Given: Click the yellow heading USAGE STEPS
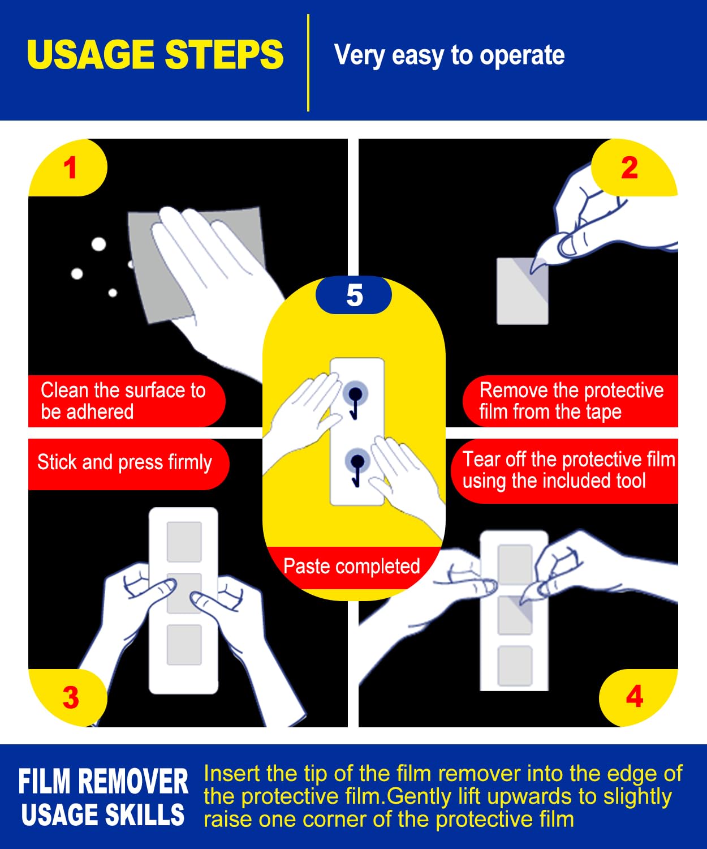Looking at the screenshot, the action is coord(155,54).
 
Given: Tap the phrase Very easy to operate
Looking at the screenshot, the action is coord(450,55).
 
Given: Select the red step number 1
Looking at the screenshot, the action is coord(70,168).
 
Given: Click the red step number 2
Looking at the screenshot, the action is coord(630,168).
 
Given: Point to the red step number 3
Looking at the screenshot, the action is coord(71,697).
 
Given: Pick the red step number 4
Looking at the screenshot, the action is coord(635,697).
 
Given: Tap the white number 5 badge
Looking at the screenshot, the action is coord(354,295).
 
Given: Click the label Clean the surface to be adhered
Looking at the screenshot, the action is coord(123,401).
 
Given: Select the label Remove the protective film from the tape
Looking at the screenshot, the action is coord(571,401).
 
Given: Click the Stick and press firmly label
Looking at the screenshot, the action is coord(125,463).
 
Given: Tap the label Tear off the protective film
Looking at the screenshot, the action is coord(569,460).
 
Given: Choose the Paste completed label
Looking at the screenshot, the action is coord(351,566).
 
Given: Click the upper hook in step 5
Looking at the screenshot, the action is coord(355,402).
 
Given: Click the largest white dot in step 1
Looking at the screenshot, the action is coord(99,245).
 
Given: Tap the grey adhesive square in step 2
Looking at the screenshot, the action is coord(522,291).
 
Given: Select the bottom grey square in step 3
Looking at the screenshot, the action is coord(184,645).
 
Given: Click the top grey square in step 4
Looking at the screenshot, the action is coord(515,564).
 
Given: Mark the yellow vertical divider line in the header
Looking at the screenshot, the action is coord(308,63).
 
